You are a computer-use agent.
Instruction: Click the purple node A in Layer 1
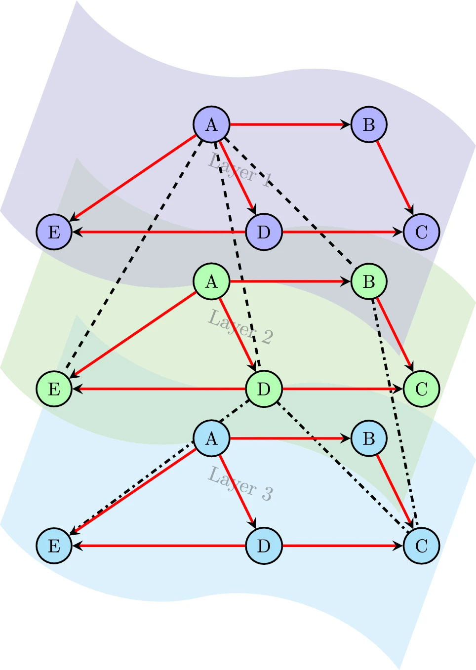[211, 124]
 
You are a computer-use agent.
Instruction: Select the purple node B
[369, 124]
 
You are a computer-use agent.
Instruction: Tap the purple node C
[421, 232]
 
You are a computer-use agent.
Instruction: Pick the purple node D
[264, 232]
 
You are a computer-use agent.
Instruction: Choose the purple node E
[54, 232]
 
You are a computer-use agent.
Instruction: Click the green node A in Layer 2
[211, 281]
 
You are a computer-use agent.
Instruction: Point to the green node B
[369, 281]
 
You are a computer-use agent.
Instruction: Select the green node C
[421, 389]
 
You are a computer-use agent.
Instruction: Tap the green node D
[264, 389]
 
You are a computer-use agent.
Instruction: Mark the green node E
[54, 389]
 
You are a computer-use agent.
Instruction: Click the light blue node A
[211, 438]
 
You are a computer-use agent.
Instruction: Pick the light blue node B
[369, 438]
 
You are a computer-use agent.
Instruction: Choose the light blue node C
[421, 546]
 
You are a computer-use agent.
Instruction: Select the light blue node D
[264, 546]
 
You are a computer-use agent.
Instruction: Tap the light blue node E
[54, 546]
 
